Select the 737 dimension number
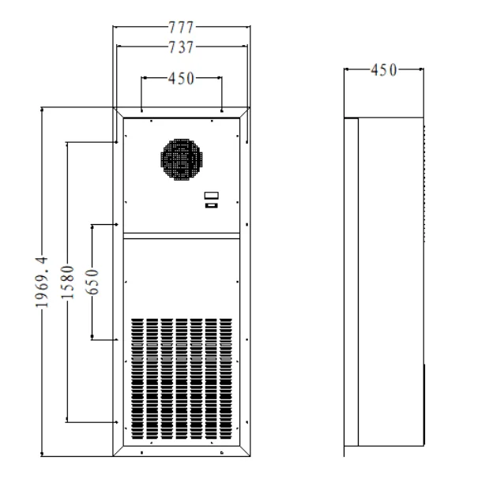pos(182,47)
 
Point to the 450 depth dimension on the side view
pos(385,70)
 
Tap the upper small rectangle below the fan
pos(211,195)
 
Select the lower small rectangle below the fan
pos(211,206)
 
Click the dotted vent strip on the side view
pos(424,182)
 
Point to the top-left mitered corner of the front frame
pos(119,111)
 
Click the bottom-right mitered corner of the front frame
pos(246,451)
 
